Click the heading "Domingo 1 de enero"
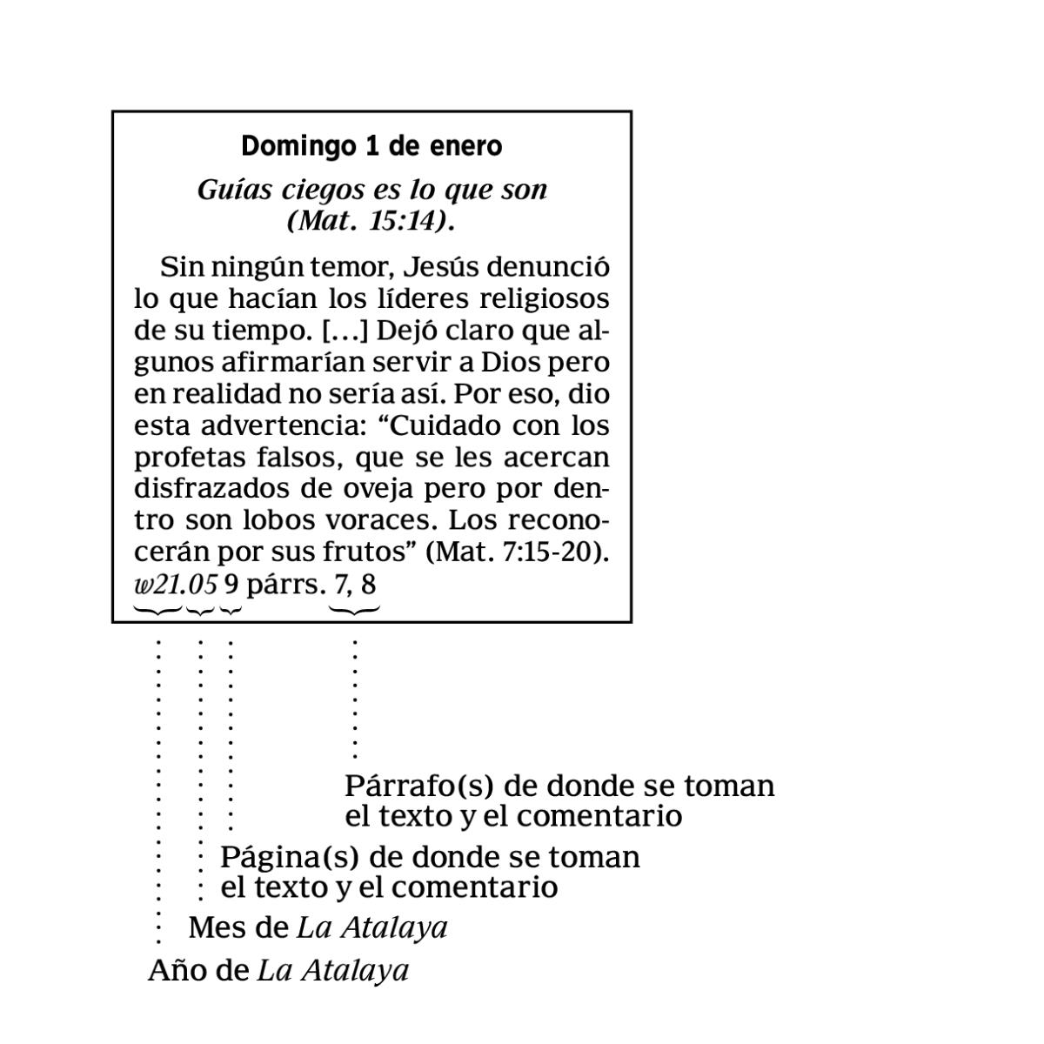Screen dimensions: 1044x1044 371,146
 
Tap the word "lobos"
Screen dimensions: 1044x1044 278,520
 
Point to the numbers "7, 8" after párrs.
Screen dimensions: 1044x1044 355,584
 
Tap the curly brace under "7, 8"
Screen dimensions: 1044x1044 355,611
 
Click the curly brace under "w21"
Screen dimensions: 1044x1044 157,611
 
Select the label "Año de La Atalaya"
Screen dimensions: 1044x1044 278,970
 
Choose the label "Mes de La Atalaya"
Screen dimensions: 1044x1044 318,927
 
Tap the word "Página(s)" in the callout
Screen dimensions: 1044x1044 289,857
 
